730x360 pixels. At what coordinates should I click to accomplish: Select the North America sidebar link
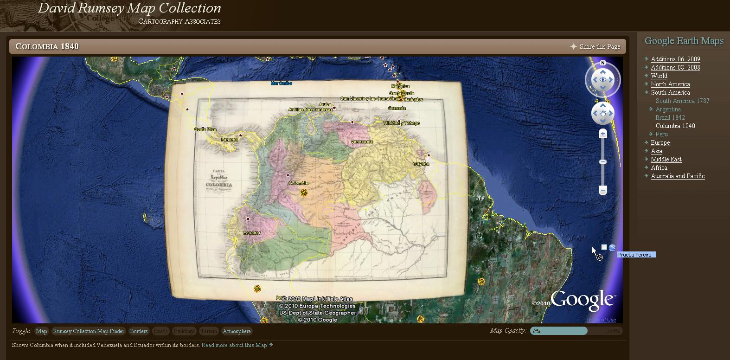(x=670, y=84)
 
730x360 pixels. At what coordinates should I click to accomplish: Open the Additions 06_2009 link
(x=675, y=59)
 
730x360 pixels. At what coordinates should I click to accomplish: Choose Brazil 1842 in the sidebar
(x=670, y=117)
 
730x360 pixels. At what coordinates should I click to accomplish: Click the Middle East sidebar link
(x=666, y=159)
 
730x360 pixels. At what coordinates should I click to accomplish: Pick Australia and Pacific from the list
(x=678, y=176)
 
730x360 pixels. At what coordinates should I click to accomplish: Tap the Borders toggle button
(x=139, y=331)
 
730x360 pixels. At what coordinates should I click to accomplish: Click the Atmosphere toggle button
(x=237, y=331)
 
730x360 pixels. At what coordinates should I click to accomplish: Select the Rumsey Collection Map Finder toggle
(x=89, y=331)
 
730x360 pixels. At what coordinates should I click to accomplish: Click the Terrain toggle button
(x=208, y=331)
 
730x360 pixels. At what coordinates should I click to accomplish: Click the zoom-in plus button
(x=602, y=134)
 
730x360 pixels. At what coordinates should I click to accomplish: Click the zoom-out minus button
(x=602, y=190)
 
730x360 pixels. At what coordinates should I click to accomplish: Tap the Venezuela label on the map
(x=362, y=141)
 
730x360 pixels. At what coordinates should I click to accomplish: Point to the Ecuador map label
(x=252, y=233)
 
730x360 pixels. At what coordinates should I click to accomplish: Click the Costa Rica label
(x=205, y=129)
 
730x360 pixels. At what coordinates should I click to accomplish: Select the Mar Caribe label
(x=282, y=84)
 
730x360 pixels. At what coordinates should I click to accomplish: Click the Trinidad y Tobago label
(x=401, y=123)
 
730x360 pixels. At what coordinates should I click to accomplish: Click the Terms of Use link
(x=601, y=320)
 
